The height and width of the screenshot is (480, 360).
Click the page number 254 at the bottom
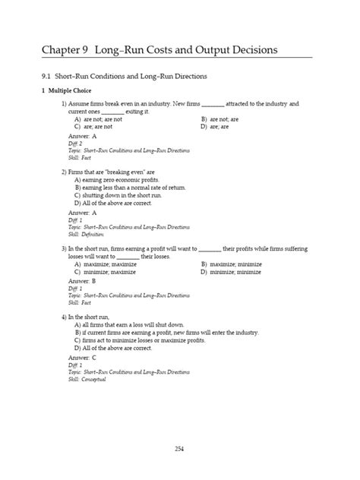(179, 448)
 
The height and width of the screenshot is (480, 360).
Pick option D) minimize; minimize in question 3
(235, 272)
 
